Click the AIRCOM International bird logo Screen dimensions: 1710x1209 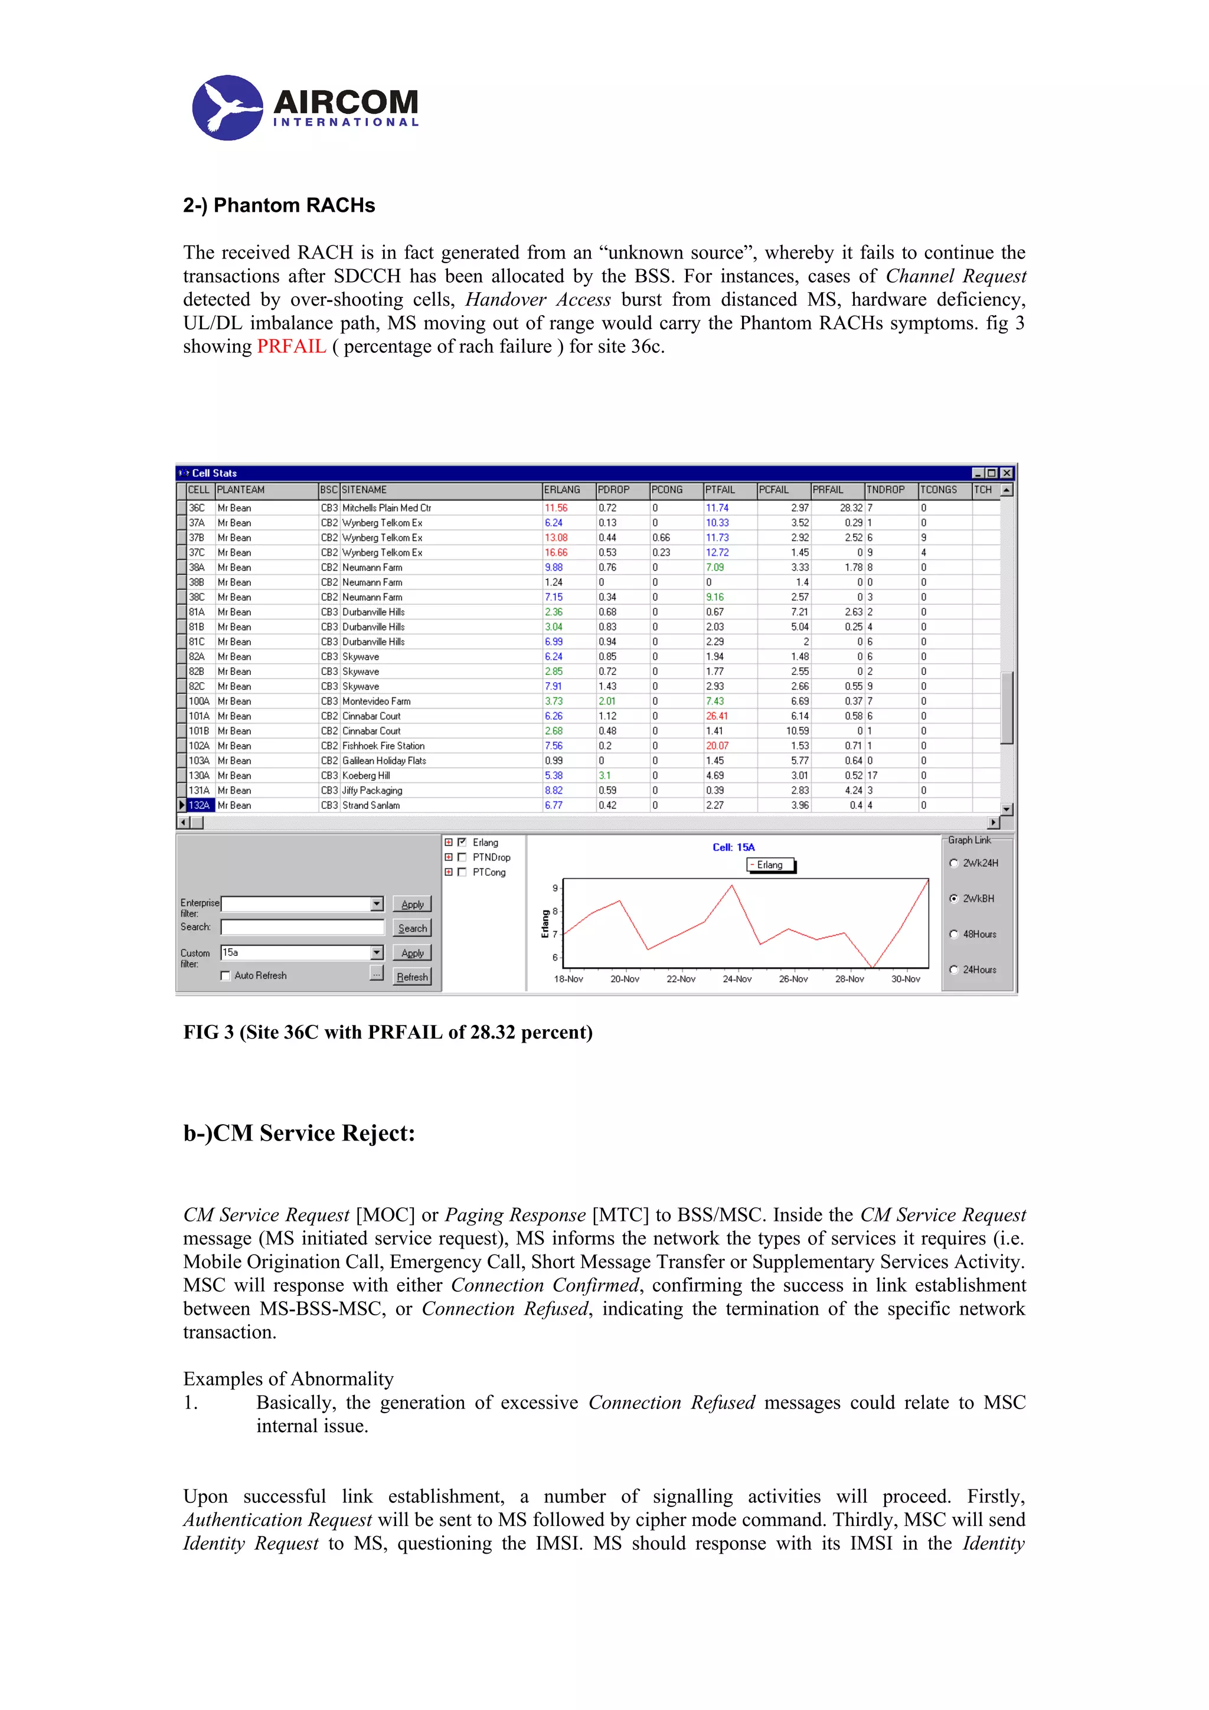click(x=227, y=108)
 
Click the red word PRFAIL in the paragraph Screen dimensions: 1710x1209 click(x=291, y=346)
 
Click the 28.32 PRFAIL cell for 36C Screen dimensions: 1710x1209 click(x=851, y=508)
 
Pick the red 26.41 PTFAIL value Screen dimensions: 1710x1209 click(x=717, y=716)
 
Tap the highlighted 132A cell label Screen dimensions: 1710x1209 click(x=199, y=805)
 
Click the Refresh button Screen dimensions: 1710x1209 click(x=412, y=977)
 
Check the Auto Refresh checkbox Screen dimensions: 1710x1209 click(x=226, y=975)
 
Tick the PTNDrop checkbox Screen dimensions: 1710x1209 click(x=462, y=857)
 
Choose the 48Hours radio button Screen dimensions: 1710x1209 click(x=953, y=934)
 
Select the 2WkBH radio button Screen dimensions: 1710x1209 click(x=953, y=898)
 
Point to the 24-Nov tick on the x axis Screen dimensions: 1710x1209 click(x=737, y=979)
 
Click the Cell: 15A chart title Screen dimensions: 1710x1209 click(x=733, y=847)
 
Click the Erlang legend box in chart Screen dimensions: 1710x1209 click(x=770, y=864)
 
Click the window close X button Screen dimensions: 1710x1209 click(x=1007, y=473)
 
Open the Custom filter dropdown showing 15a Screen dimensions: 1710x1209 click(x=377, y=952)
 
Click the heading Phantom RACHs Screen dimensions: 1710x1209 click(x=279, y=205)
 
